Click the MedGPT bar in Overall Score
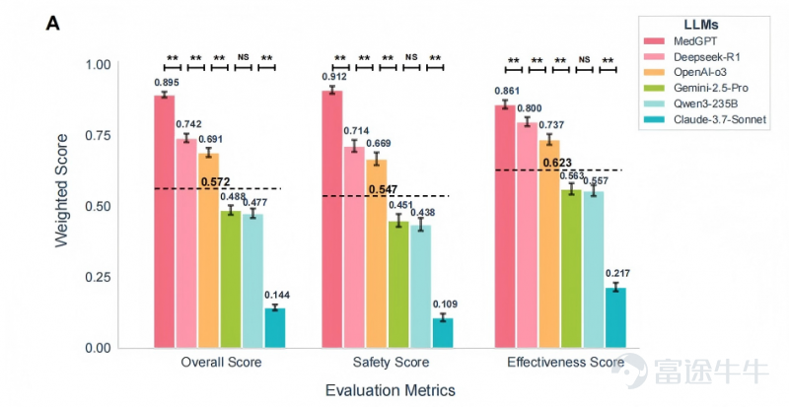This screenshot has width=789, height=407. pyautogui.click(x=164, y=222)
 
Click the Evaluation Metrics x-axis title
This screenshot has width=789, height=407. pyautogui.click(x=391, y=390)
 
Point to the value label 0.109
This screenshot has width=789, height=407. pyautogui.click(x=444, y=305)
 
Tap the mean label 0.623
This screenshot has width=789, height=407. pyautogui.click(x=572, y=163)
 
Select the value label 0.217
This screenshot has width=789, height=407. pyautogui.click(x=616, y=273)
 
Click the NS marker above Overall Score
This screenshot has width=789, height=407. pyautogui.click(x=243, y=57)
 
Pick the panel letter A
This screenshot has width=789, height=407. pyautogui.click(x=54, y=23)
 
